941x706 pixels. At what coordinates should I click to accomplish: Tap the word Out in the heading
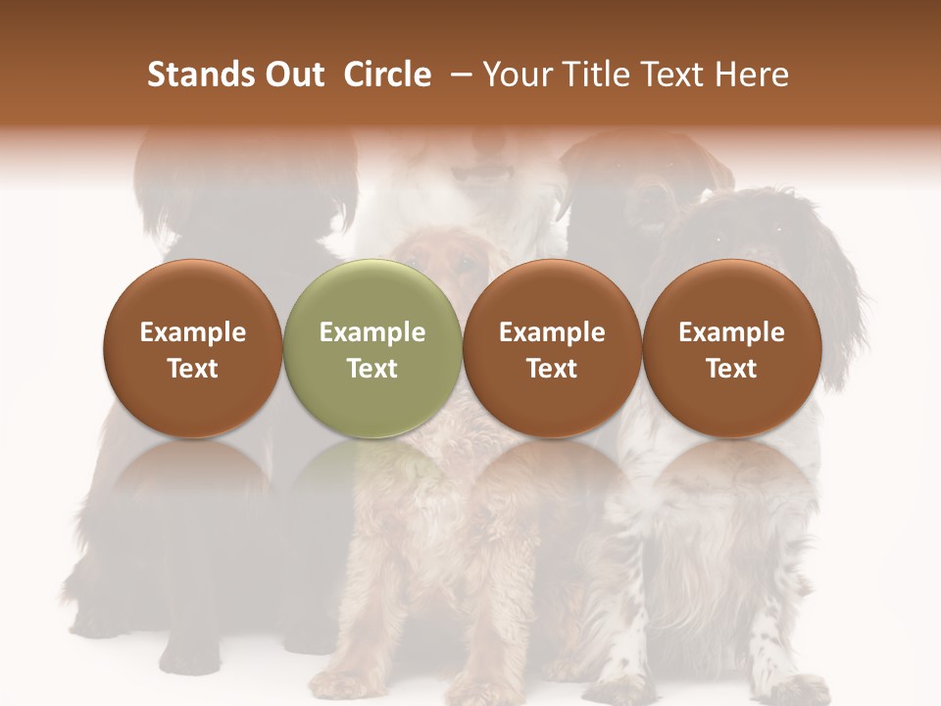[x=292, y=75]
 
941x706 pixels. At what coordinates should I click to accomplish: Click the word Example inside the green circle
[x=372, y=333]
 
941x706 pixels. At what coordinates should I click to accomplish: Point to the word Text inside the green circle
[x=372, y=369]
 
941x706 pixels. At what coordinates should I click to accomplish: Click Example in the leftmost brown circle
[x=193, y=333]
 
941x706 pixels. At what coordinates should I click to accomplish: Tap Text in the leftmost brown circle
[x=193, y=369]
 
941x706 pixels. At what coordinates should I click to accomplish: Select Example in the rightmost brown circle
[x=731, y=333]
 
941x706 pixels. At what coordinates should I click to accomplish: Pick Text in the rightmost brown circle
[x=731, y=369]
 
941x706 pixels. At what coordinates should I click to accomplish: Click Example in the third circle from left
[x=552, y=333]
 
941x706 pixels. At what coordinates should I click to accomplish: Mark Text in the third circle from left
[x=552, y=369]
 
